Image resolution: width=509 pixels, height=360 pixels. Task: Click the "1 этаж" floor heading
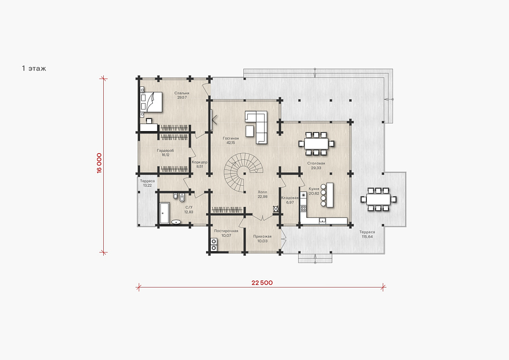[34, 69]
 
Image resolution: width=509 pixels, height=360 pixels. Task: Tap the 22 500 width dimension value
[262, 283]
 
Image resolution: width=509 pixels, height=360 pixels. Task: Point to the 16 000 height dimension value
[99, 163]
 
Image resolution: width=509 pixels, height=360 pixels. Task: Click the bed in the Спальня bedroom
[151, 102]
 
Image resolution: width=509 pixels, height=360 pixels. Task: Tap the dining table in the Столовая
[316, 143]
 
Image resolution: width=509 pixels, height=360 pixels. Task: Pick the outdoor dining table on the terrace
[378, 199]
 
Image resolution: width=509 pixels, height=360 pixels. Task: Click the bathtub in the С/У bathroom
[165, 213]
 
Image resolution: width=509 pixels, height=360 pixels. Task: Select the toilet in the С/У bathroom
[176, 196]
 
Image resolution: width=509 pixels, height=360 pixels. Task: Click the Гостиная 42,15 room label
[231, 141]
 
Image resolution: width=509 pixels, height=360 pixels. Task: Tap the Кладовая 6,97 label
[290, 200]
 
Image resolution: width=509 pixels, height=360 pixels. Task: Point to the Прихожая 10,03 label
[262, 239]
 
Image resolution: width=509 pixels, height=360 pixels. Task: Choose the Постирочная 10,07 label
[226, 233]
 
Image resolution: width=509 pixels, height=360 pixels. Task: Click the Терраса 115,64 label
[367, 234]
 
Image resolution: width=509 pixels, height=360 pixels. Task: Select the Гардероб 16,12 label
[166, 153]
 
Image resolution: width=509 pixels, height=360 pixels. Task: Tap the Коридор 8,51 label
[200, 164]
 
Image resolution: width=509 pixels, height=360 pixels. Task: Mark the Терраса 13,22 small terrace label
[147, 183]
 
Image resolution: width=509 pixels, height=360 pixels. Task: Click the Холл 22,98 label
[262, 194]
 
